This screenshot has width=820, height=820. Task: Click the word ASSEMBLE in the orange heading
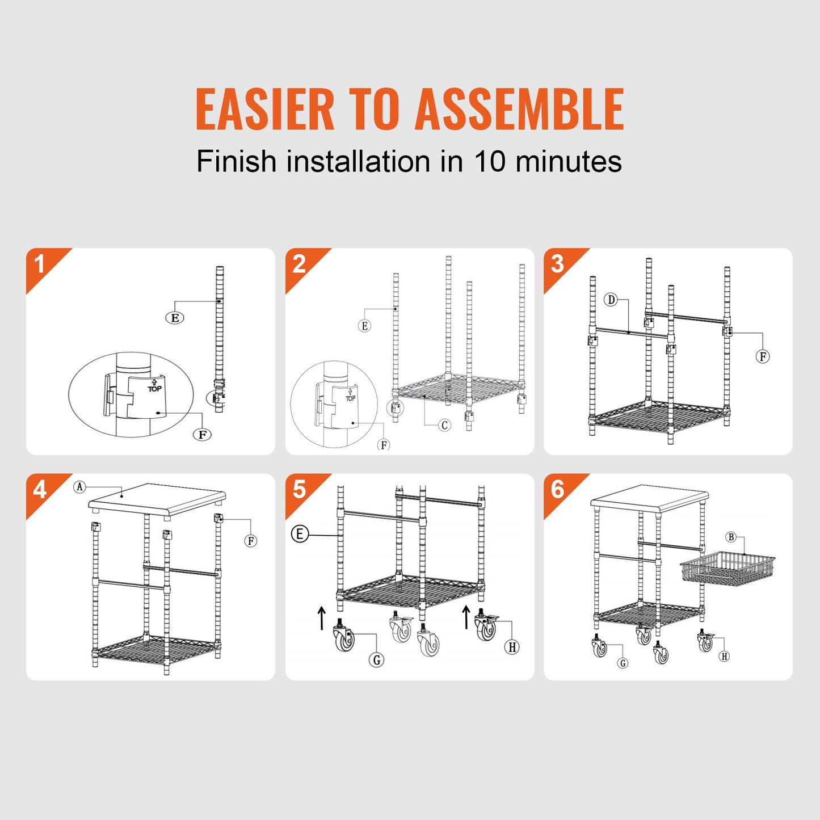coord(519,109)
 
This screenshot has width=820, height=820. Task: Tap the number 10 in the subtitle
coord(489,161)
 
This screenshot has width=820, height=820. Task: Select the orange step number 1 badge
coord(40,264)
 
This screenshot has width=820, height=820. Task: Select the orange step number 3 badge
coord(557,264)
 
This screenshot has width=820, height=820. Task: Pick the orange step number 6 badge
coord(557,489)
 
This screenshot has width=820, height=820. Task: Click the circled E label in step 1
coord(175,318)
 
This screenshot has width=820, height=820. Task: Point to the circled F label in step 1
coord(202,435)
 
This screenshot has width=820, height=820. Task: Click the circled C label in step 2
coord(444,425)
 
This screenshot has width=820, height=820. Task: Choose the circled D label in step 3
coord(611,300)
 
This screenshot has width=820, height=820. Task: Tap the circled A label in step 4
coord(79,487)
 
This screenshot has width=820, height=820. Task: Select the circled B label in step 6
coord(731,537)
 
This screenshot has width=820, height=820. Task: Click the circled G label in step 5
coord(376,659)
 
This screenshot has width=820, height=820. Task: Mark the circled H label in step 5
coord(512,647)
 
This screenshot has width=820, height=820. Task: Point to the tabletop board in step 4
coord(157,499)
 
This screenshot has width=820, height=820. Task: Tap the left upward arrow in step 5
coord(322,618)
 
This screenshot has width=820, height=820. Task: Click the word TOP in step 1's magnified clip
coord(154,389)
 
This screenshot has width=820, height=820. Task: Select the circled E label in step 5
coord(300,534)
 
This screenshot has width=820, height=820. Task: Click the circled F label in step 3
coord(763,356)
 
